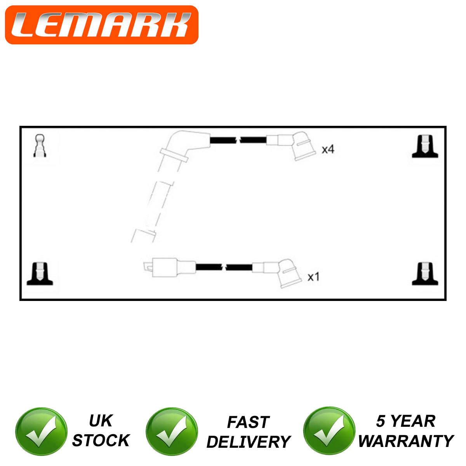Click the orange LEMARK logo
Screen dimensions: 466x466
point(102,25)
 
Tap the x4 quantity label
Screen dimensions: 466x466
point(328,149)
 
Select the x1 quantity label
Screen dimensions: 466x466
point(313,276)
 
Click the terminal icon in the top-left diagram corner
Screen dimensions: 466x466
point(40,146)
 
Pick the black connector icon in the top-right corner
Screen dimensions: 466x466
point(425,146)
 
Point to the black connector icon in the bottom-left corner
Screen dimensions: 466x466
point(40,274)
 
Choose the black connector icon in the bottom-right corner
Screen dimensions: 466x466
point(425,274)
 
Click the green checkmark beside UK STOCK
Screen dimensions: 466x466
point(41,431)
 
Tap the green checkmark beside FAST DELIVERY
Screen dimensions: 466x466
point(172,431)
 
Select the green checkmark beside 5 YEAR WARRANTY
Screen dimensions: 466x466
point(329,431)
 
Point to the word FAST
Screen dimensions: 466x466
point(248,422)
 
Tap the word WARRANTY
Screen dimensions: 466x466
point(406,441)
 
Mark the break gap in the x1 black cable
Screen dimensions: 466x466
point(224,267)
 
